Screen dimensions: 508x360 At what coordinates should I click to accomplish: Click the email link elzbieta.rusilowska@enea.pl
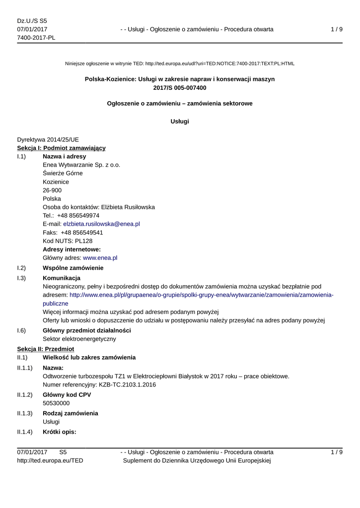coord(101,224)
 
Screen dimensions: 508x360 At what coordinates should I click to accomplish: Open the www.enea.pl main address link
coord(100,257)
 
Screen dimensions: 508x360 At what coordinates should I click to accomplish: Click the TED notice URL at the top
coord(219,63)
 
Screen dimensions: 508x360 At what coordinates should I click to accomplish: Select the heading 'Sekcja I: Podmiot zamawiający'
coord(61,148)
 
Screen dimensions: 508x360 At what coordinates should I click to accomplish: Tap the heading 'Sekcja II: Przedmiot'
coord(45,349)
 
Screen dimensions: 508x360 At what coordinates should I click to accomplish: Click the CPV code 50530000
coord(56,403)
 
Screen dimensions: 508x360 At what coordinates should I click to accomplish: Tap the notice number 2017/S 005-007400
coord(180,88)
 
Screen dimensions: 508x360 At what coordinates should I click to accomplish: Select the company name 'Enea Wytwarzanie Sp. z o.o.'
coord(81,165)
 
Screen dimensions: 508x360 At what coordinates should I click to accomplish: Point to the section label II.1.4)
coord(25,432)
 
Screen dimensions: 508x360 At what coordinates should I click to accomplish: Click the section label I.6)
coord(21,330)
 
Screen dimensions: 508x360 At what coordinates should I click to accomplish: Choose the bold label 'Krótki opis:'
coord(60,432)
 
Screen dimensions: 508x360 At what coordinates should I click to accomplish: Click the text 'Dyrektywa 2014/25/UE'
coord(48,139)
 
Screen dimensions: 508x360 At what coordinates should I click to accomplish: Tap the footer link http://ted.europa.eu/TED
coord(50,460)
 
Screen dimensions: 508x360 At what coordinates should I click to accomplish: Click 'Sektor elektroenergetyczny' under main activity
coord(79,339)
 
